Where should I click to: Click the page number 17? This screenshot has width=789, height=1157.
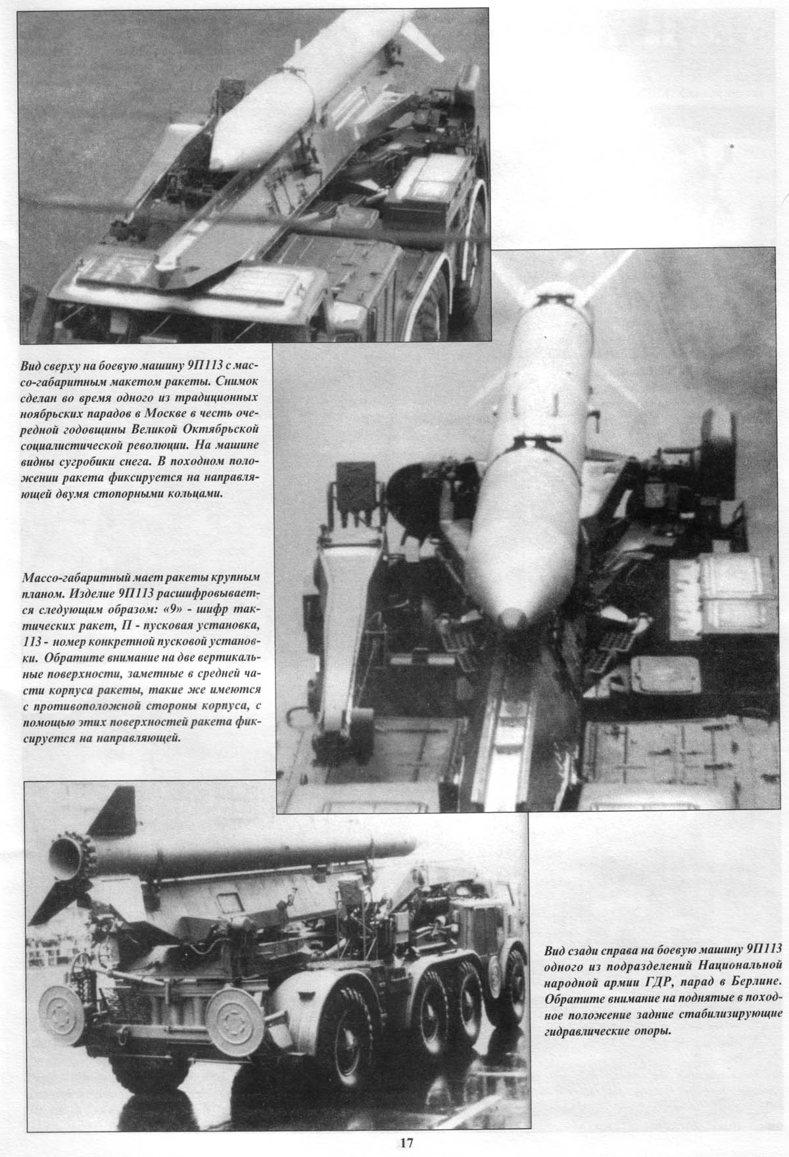point(406,1143)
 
